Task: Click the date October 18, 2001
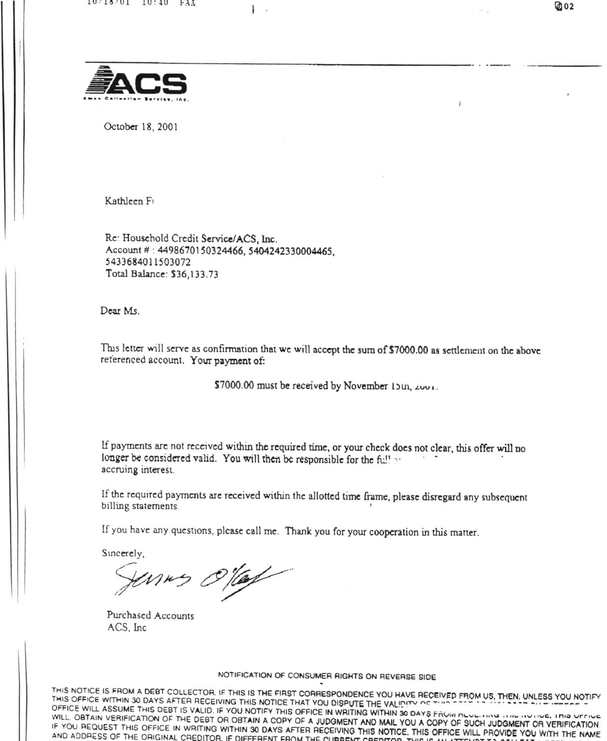[x=141, y=127]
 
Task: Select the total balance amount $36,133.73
[x=194, y=274]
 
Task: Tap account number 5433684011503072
[x=148, y=262]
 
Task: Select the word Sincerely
[x=123, y=553]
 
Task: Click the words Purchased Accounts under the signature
[x=150, y=616]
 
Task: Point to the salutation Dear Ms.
[x=120, y=311]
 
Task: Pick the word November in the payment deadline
[x=365, y=386]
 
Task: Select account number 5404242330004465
[x=291, y=251]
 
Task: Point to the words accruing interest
[x=138, y=470]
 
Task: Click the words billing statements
[x=140, y=507]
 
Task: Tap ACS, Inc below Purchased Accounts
[x=127, y=628]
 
